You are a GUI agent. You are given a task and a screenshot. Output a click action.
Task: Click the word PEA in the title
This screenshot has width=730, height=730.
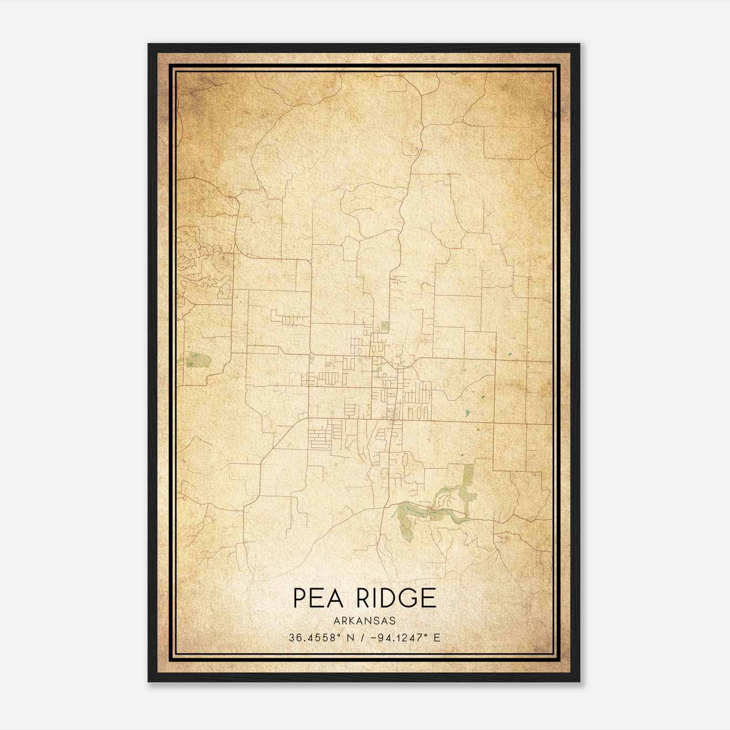coord(318,598)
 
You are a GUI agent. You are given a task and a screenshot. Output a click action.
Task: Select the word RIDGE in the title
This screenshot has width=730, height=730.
coord(396,598)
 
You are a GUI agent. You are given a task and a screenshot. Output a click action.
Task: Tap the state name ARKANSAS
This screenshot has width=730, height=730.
coord(365,621)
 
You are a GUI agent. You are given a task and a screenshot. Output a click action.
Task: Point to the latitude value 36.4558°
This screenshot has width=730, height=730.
coord(315,638)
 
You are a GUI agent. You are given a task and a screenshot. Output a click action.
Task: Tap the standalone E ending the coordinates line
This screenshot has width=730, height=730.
coord(437,638)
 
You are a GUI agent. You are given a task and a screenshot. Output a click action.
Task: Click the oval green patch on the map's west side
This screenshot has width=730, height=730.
coord(198,360)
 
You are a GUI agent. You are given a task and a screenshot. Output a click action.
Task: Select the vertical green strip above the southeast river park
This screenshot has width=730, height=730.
coord(468,484)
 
